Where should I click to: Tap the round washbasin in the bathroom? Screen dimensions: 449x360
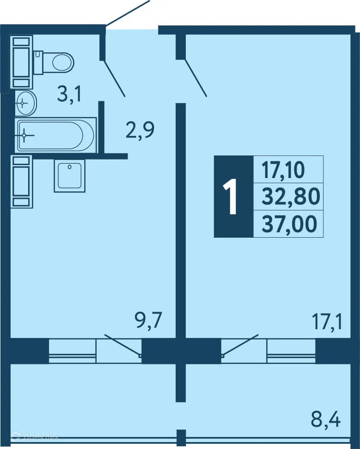pyautogui.click(x=25, y=102)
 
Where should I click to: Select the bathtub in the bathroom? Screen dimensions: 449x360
pyautogui.click(x=55, y=135)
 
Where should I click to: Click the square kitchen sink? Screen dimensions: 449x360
pyautogui.click(x=69, y=176)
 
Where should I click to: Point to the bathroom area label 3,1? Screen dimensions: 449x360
pyautogui.click(x=69, y=94)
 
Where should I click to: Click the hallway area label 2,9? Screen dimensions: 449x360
pyautogui.click(x=140, y=130)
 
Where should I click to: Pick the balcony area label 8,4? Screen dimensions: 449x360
pyautogui.click(x=325, y=420)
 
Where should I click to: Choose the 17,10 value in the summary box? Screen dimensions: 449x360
pyautogui.click(x=283, y=170)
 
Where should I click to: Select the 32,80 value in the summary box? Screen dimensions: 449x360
pyautogui.click(x=290, y=197)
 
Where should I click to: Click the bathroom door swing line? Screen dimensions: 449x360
pyautogui.click(x=115, y=78)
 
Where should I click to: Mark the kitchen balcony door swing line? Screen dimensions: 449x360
pyautogui.click(x=122, y=345)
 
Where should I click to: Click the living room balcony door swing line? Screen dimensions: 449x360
pyautogui.click(x=240, y=345)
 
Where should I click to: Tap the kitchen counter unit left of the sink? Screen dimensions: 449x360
pyautogui.click(x=21, y=181)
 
